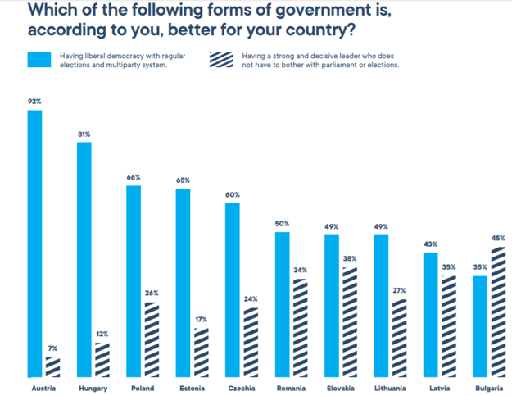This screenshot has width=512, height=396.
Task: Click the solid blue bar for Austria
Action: click(x=35, y=242)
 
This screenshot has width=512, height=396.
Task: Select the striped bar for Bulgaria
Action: click(x=498, y=312)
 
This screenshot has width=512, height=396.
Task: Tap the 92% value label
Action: click(x=34, y=102)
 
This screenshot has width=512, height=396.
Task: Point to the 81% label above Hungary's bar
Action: click(x=84, y=134)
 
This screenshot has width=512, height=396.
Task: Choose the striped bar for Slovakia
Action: click(x=350, y=321)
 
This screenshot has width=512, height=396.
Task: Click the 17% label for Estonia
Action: click(x=202, y=320)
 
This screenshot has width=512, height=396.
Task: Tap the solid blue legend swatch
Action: click(x=39, y=60)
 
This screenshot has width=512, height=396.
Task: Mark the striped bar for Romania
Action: click(x=301, y=327)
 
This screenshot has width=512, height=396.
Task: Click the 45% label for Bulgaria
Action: click(x=498, y=239)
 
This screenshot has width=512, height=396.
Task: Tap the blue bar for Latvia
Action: click(x=431, y=315)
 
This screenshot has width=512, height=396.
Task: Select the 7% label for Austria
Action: click(x=53, y=349)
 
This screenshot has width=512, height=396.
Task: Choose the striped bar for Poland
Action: click(x=152, y=339)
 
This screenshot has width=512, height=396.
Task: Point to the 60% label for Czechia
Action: click(x=233, y=195)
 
